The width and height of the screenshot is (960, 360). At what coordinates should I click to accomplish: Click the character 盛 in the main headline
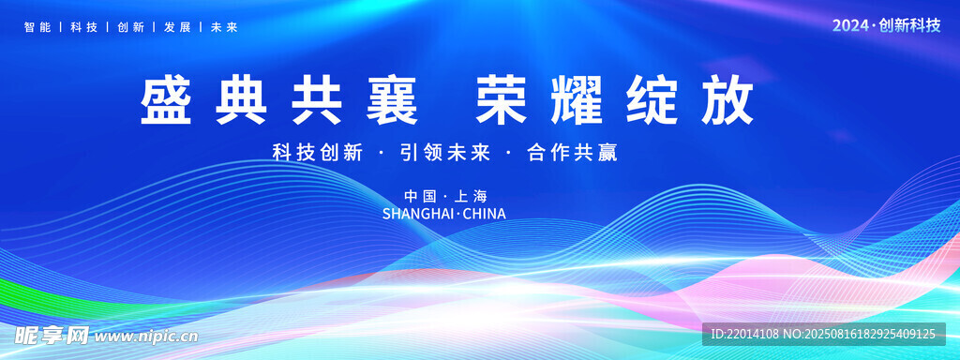pyautogui.click(x=165, y=100)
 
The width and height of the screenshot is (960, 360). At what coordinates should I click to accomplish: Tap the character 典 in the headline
pyautogui.click(x=241, y=100)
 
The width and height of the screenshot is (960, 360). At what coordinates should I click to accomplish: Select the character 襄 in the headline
pyautogui.click(x=392, y=100)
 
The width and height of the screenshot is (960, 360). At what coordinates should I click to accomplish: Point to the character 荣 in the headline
pyautogui.click(x=501, y=100)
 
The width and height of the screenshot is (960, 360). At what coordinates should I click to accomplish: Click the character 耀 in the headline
pyautogui.click(x=577, y=100)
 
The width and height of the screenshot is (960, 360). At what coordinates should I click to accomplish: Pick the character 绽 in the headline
pyautogui.click(x=652, y=100)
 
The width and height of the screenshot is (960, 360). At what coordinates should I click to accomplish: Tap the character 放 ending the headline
pyautogui.click(x=727, y=100)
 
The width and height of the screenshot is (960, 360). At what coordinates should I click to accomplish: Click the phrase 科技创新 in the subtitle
pyautogui.click(x=318, y=153)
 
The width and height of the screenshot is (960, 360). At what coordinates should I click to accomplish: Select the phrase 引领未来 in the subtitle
pyautogui.click(x=445, y=153)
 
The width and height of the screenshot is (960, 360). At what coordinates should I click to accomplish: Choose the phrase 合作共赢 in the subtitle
pyautogui.click(x=573, y=153)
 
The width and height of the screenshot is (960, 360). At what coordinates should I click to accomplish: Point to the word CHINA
pyautogui.click(x=485, y=215)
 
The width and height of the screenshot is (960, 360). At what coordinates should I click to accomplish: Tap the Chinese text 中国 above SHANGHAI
pyautogui.click(x=420, y=197)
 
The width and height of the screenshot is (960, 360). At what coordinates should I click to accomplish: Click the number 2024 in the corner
pyautogui.click(x=850, y=25)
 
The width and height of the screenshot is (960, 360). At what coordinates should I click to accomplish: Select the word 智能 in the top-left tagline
pyautogui.click(x=37, y=27)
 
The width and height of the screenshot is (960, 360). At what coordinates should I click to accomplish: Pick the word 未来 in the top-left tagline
pyautogui.click(x=224, y=27)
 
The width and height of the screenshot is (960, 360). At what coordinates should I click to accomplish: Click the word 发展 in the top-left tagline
pyautogui.click(x=177, y=27)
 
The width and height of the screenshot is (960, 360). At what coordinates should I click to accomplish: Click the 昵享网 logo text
pyautogui.click(x=52, y=336)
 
